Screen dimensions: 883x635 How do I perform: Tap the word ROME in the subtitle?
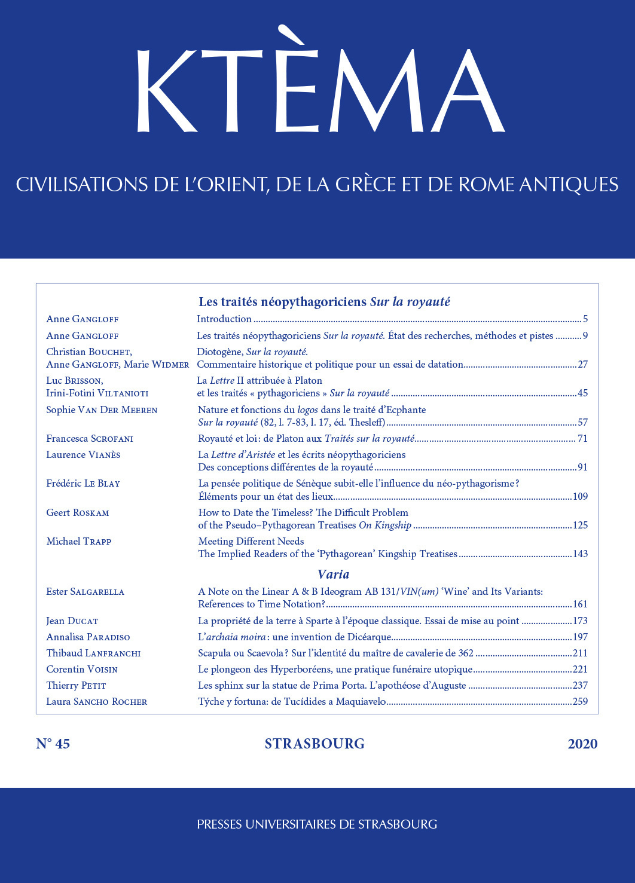click(486, 185)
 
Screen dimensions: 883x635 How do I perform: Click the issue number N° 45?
click(53, 744)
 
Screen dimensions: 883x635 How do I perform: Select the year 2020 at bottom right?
click(582, 744)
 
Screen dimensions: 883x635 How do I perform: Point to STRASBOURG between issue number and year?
click(315, 744)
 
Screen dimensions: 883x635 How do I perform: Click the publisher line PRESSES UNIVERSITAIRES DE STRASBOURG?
click(317, 824)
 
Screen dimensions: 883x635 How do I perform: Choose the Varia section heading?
click(334, 575)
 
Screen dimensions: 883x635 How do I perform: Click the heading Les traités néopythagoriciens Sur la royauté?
click(324, 302)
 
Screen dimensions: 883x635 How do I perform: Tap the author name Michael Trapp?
click(79, 542)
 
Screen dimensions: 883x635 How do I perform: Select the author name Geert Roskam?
click(78, 513)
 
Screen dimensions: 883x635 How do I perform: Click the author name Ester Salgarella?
click(86, 592)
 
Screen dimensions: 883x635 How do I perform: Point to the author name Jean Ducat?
click(72, 621)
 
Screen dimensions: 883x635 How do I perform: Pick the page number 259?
click(580, 702)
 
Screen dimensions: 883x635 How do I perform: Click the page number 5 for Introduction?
click(585, 319)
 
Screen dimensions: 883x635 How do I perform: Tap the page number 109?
click(580, 496)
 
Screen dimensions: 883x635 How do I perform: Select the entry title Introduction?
click(224, 319)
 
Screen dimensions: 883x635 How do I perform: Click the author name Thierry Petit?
click(76, 686)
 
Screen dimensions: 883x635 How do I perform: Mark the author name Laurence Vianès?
click(83, 455)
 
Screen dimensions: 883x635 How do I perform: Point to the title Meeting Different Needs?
click(251, 542)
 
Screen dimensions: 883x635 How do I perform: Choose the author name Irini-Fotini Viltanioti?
click(97, 393)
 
